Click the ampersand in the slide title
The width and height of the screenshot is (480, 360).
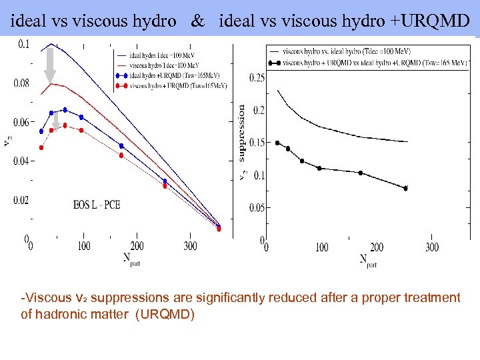pyautogui.click(x=197, y=21)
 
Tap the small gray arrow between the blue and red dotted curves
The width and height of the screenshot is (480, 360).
pyautogui.click(x=56, y=120)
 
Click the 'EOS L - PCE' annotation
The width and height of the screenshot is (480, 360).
pyautogui.click(x=97, y=205)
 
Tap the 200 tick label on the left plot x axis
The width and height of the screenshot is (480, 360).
pyautogui.click(x=137, y=247)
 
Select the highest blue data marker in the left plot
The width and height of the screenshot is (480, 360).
pyautogui.click(x=65, y=109)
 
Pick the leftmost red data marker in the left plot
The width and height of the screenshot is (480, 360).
pyautogui.click(x=41, y=147)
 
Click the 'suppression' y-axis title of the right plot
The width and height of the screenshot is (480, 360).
pyautogui.click(x=242, y=133)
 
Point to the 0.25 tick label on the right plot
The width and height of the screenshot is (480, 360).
pyautogui.click(x=256, y=78)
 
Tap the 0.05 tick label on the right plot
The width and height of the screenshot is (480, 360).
pyautogui.click(x=256, y=208)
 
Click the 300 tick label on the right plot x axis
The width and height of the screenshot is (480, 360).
pyautogui.click(x=431, y=247)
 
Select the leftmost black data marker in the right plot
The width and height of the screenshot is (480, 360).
pyautogui.click(x=277, y=143)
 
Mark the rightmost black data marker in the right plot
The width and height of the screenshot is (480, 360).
pyautogui.click(x=405, y=188)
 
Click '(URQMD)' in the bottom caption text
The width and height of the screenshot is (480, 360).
pyautogui.click(x=165, y=314)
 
